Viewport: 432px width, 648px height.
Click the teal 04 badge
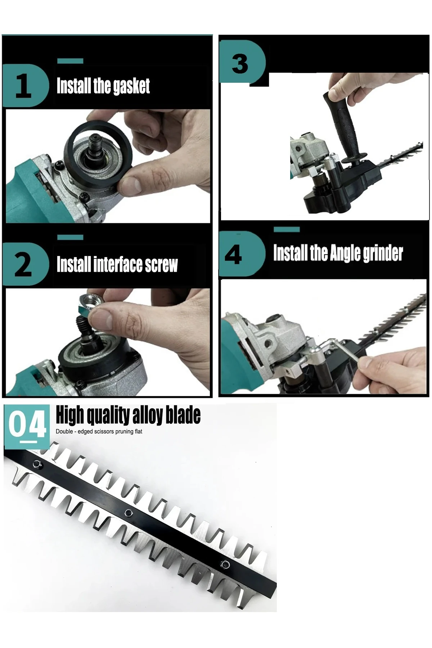27,426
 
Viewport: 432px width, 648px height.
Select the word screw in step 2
161,265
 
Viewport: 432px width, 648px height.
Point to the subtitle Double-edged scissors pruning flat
99,431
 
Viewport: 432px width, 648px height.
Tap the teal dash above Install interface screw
70,237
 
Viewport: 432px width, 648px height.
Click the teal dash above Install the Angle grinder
287,229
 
